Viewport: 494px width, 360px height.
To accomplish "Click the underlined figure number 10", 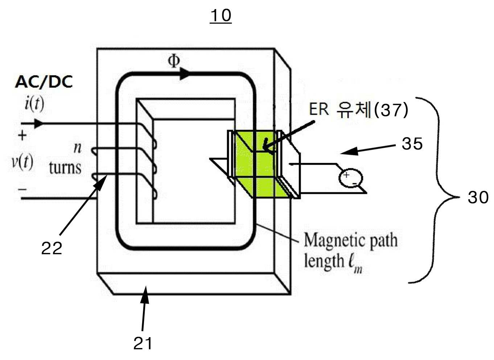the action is [221, 16].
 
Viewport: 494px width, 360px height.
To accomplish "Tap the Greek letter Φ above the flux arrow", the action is [174, 61].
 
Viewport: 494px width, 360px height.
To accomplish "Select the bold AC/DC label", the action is [44, 82].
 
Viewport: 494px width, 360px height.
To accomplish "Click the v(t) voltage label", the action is [22, 162].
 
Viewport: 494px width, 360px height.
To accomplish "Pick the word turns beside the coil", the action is [65, 168].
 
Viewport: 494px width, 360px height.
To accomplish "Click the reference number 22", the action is [52, 248].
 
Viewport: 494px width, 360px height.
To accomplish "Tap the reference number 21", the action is [143, 343].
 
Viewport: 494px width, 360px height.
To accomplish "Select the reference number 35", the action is [412, 143].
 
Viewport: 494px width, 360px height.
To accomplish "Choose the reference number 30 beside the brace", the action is [478, 197].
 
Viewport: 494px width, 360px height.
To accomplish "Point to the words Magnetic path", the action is [351, 241].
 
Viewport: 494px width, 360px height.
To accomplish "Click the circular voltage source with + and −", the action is [350, 178].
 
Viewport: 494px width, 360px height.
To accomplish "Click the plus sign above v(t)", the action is [22, 135].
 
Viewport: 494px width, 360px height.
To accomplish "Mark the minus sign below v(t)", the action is [22, 189].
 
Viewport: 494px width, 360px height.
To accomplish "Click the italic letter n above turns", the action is [77, 148].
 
